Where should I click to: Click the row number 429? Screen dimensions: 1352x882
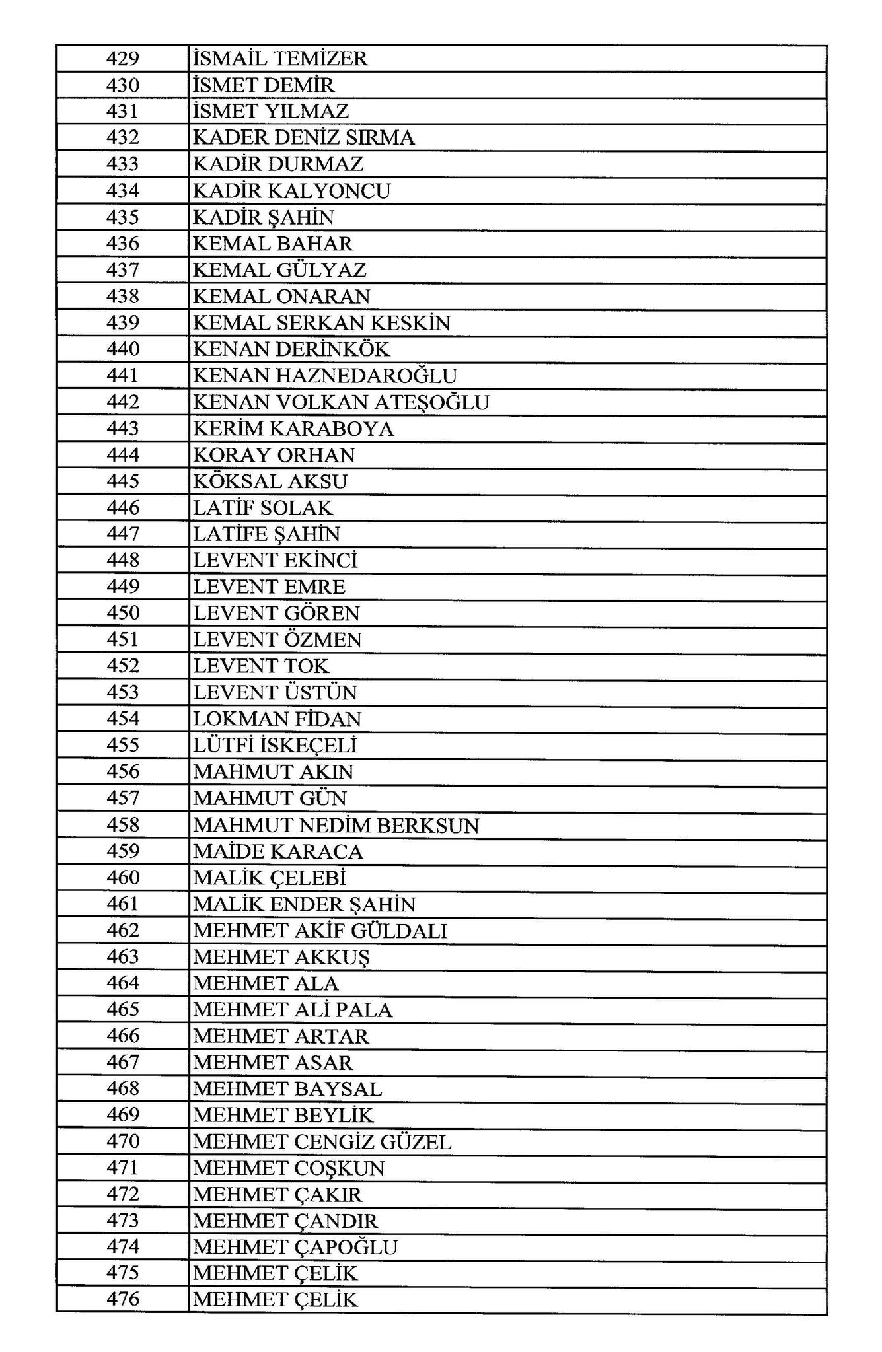coord(123,59)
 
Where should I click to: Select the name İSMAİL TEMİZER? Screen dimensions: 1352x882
coord(279,59)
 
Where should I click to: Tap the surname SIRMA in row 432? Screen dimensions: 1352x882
coord(380,138)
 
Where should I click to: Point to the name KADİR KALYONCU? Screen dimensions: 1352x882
coord(291,191)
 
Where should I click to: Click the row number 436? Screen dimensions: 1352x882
coord(123,244)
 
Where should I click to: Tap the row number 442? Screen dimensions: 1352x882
coord(123,402)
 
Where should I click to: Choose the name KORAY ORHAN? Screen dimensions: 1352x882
coord(274,455)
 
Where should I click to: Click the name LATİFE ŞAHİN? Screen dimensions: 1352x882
coord(266,534)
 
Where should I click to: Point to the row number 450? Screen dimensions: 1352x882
coord(123,613)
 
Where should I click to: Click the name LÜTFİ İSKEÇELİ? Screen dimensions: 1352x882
coord(274,745)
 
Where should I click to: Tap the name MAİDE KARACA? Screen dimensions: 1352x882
coord(277,851)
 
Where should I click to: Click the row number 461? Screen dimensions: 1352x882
coord(123,904)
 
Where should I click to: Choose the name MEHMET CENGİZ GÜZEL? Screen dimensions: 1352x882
coord(322,1141)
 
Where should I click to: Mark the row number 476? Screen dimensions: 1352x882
coord(123,1300)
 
